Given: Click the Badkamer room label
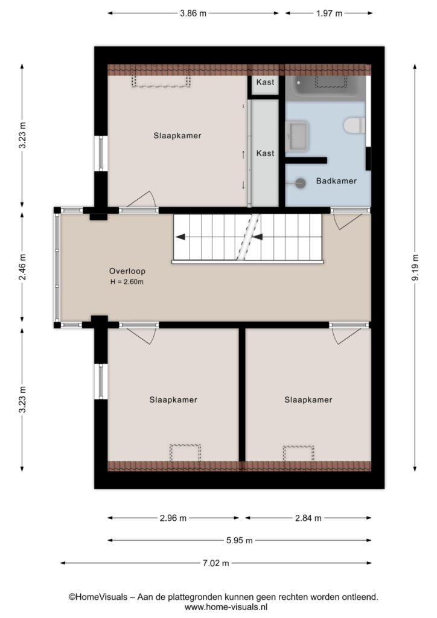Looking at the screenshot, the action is point(336,181).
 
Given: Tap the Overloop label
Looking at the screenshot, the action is point(127,271).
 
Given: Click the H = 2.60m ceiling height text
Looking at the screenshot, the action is point(127,282).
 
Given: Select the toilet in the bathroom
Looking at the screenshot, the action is point(354,126).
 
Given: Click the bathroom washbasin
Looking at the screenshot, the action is point(297,136).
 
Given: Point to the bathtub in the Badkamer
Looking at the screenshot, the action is point(326,87).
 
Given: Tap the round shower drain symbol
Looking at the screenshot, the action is point(301,183).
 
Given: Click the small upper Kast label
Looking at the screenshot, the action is point(265,82).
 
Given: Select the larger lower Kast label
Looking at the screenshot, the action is point(265,153).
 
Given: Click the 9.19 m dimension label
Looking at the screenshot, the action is point(415,268).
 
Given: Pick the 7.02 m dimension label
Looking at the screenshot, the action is point(215,563).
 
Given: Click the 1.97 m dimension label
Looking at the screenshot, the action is point(329,13).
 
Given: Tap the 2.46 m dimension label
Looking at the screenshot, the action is point(22,267).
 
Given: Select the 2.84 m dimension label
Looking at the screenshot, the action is point(308,518).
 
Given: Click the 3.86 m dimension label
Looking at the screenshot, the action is point(193,13).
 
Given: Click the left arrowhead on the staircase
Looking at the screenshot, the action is point(180,237).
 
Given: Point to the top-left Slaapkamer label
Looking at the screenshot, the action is point(177,136).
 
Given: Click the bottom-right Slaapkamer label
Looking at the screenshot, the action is point(308,400).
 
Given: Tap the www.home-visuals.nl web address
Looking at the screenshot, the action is point(226,607).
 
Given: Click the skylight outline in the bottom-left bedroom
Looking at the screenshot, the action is point(185,445).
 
